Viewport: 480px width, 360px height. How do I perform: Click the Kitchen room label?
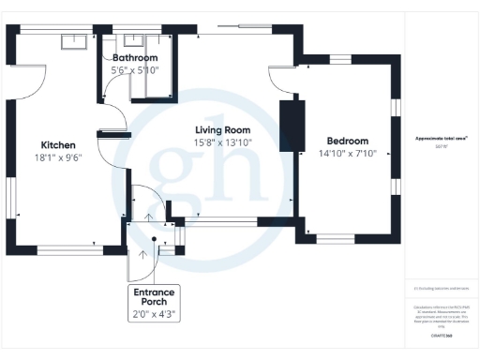click(x=58, y=144)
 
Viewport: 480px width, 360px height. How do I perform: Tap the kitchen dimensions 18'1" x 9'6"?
click(x=58, y=158)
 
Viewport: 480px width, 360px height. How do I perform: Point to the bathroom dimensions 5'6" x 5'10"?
click(x=135, y=69)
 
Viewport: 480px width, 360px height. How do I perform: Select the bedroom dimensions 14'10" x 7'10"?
click(x=346, y=152)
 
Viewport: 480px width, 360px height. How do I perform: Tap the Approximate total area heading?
click(x=441, y=138)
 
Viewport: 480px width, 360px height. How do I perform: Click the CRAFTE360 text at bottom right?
click(x=441, y=335)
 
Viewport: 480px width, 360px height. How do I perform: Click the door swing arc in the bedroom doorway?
click(x=279, y=77)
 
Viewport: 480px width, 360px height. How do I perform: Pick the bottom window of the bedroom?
click(x=346, y=236)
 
